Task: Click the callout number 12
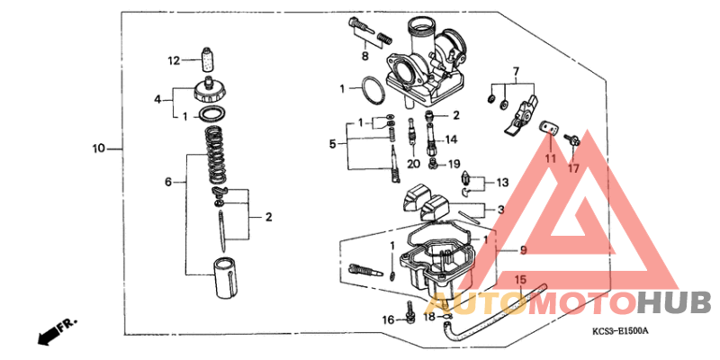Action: coord(173,61)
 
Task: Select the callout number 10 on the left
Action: coord(98,148)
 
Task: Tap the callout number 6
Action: coord(167,182)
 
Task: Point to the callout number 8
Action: coord(365,57)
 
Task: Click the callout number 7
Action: coord(517,71)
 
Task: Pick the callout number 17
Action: coord(573,167)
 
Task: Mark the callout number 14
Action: coord(451,139)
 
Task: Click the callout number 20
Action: coord(413,164)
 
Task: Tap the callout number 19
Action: coord(454,164)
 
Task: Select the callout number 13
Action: coord(500,182)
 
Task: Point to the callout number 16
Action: coord(387,319)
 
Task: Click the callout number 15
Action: coord(519,280)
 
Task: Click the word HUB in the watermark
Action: coord(673,302)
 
